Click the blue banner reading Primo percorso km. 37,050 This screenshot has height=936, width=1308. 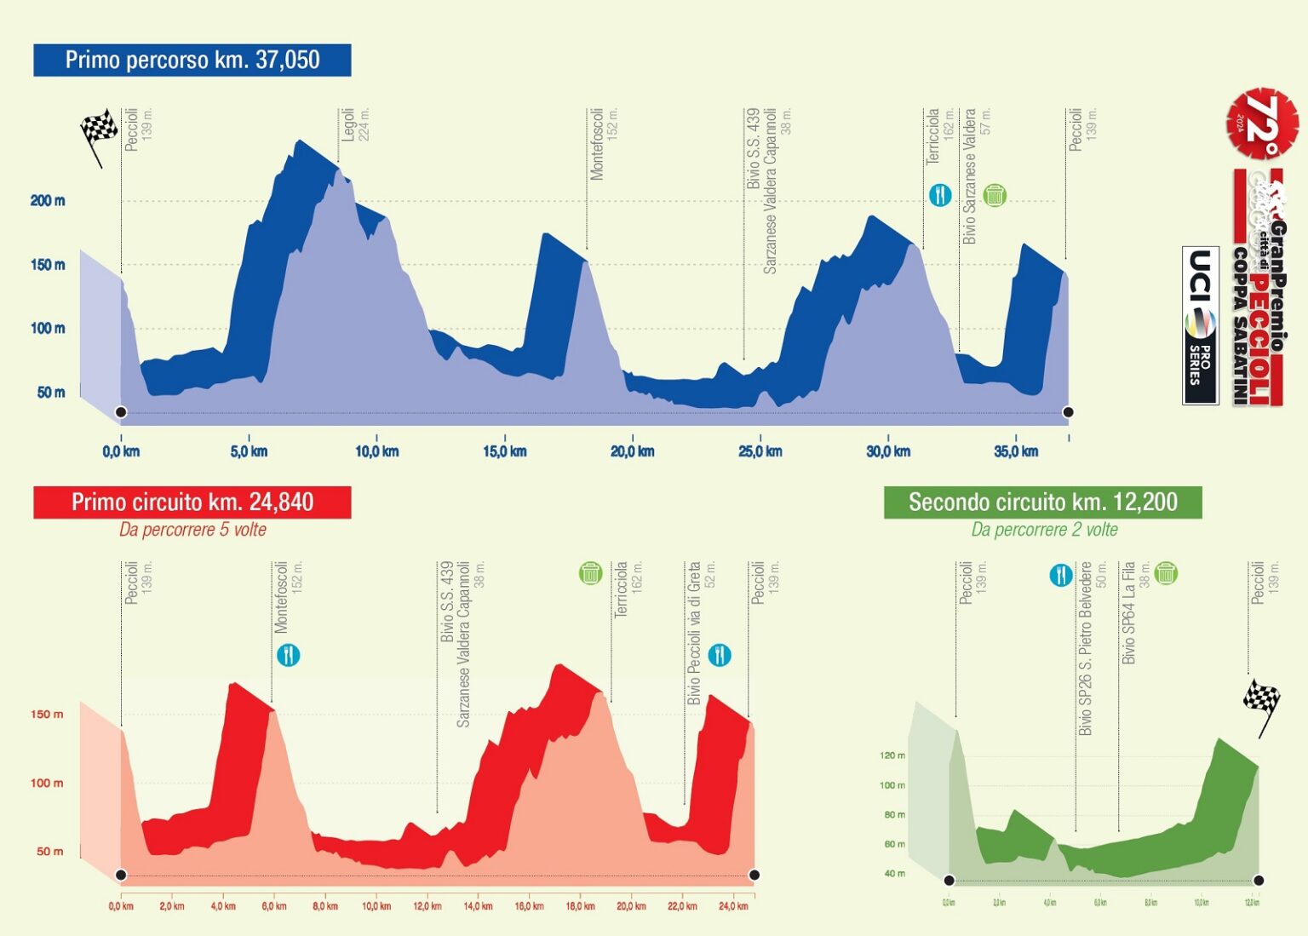(192, 60)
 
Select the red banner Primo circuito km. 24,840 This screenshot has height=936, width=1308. (192, 502)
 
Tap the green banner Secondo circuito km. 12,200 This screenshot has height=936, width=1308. (1042, 502)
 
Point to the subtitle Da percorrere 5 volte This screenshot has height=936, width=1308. (192, 530)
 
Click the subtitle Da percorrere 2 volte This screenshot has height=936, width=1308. (1044, 530)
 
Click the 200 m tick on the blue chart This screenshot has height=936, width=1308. (48, 201)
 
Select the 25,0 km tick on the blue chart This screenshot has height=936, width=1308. (760, 451)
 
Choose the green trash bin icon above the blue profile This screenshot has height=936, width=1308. (994, 195)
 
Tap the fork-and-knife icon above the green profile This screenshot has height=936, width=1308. (1060, 576)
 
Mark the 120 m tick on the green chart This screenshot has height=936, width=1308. (892, 755)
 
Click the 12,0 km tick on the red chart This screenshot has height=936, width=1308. (427, 906)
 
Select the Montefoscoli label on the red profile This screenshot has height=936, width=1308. (281, 596)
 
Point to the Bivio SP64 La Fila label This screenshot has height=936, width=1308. (1129, 613)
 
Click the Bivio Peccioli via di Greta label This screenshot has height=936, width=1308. (694, 632)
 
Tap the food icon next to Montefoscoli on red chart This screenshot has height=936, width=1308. (289, 655)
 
